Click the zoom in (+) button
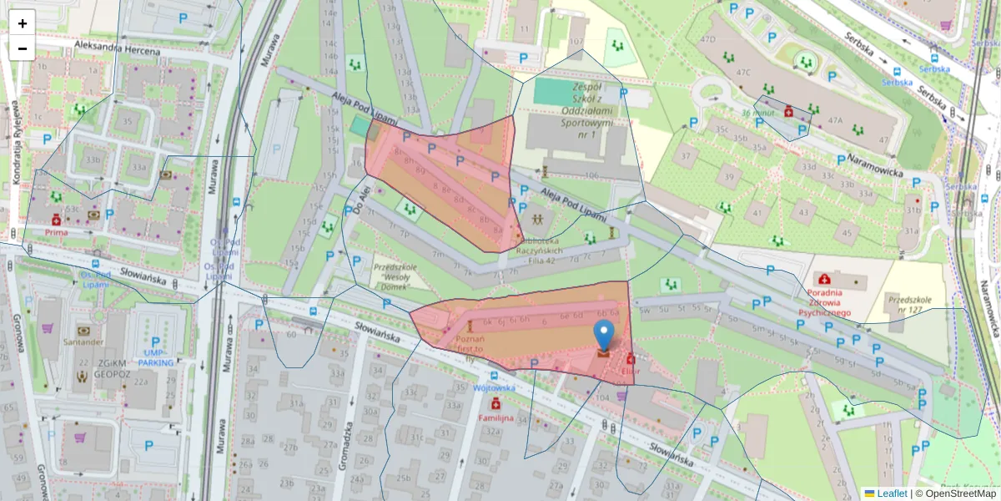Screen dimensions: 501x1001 coord(23,23)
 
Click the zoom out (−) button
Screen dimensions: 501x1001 coord(23,48)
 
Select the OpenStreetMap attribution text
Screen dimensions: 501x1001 coord(955,493)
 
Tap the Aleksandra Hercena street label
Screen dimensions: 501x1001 coord(116,48)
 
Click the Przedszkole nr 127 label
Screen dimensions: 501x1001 coord(914,306)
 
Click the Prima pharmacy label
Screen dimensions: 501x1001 coord(56,232)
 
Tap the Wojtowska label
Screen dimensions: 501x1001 coord(495,388)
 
